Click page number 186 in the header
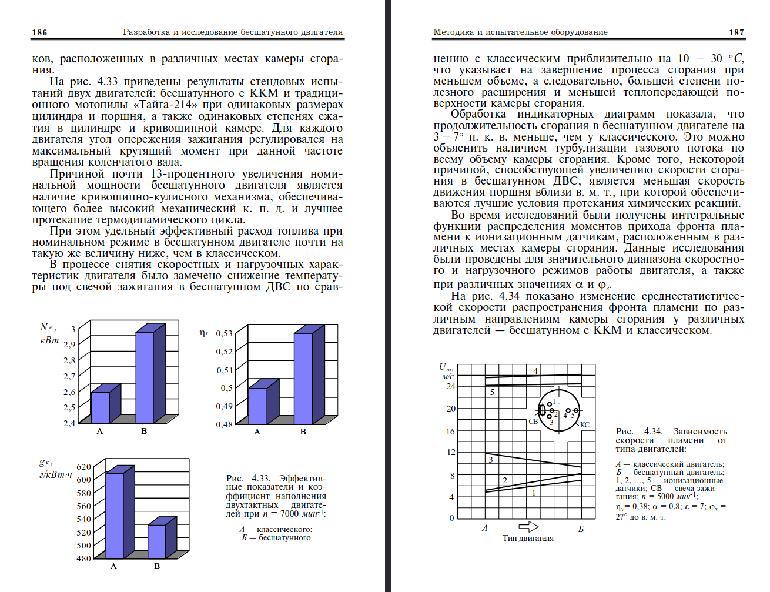(x=39, y=32)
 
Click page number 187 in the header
(x=736, y=32)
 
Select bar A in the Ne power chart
(x=101, y=407)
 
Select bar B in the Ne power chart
(x=145, y=377)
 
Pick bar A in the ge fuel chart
(x=115, y=515)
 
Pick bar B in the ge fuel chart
(x=156, y=541)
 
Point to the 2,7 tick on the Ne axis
(x=69, y=376)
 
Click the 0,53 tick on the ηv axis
(x=224, y=333)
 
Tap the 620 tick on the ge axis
(x=83, y=467)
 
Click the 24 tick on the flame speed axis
(x=451, y=386)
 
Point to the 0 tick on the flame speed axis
(x=451, y=518)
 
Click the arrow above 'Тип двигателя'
(x=528, y=526)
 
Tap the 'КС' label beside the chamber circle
(x=584, y=424)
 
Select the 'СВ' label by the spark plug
(x=533, y=421)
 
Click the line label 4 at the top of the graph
(x=535, y=371)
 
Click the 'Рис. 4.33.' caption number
(x=243, y=479)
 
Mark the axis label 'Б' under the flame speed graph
(x=581, y=529)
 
